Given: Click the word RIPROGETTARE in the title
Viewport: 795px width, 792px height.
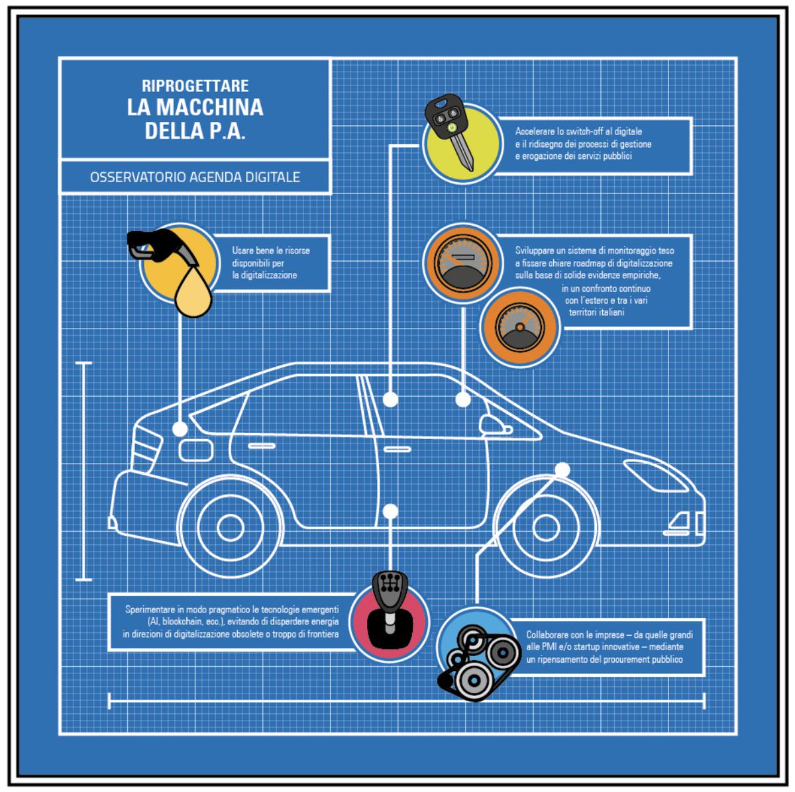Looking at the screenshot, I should [195, 85].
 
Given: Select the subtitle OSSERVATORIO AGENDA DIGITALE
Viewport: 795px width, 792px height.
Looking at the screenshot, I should [195, 177].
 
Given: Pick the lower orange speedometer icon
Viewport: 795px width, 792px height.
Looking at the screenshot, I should [519, 327].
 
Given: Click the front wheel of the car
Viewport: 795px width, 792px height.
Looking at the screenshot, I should [545, 527].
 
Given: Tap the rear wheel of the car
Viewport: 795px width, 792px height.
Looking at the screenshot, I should [230, 527].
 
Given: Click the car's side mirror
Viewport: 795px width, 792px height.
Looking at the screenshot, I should [494, 425].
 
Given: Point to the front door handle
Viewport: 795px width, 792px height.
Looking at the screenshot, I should [397, 450].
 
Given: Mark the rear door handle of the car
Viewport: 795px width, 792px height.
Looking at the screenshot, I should [262, 446].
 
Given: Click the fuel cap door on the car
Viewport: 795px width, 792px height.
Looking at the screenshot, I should [196, 450].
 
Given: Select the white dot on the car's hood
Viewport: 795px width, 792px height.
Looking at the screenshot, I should [562, 470].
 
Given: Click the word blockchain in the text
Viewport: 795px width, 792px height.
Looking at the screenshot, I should [188, 622].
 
